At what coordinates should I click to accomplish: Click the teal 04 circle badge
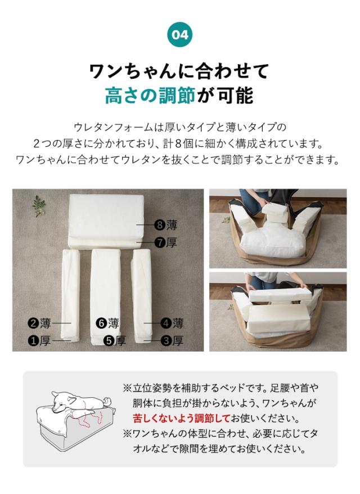[x=180, y=35]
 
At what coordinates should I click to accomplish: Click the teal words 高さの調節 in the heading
[x=150, y=96]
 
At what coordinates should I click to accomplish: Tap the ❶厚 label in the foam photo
[x=40, y=340]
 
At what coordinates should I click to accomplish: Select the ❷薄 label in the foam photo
[x=40, y=323]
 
